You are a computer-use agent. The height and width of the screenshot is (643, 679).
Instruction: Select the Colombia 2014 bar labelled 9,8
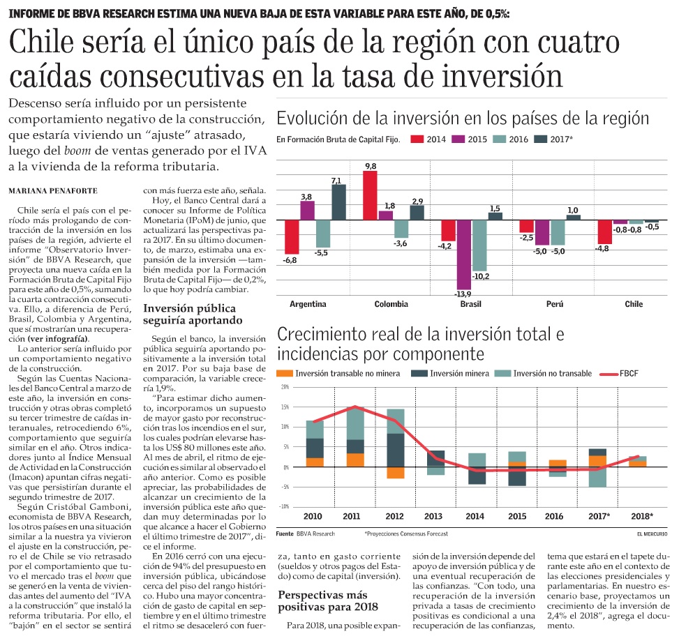pos(370,195)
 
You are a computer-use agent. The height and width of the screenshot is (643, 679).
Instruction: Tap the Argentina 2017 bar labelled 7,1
pos(338,202)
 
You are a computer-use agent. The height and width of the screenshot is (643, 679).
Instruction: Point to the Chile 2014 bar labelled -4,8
pos(604,232)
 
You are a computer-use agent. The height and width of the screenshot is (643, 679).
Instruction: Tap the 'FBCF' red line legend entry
pos(618,374)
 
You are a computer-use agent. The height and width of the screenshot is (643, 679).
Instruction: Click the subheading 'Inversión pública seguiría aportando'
pos(188,315)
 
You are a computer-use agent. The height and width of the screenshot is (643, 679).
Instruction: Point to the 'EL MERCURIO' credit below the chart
pos(650,534)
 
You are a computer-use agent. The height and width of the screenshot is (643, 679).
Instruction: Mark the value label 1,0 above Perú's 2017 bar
pos(573,210)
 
